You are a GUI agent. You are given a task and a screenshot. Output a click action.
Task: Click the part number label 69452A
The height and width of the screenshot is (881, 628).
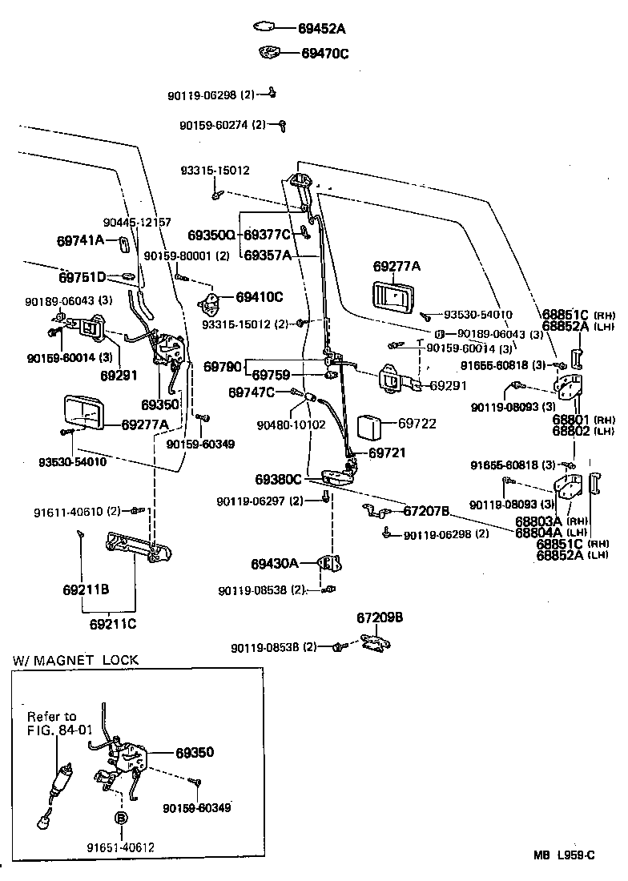click(x=321, y=29)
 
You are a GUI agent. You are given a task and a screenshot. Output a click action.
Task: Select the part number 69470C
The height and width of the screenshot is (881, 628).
click(x=324, y=54)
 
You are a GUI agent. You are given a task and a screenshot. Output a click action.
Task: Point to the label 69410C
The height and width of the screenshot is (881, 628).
click(x=260, y=297)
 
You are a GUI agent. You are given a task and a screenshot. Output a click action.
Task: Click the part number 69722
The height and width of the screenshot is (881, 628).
click(x=417, y=424)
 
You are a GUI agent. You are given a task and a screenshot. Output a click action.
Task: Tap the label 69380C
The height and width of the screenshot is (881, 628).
click(x=279, y=480)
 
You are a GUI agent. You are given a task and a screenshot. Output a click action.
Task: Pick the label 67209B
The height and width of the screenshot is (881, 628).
click(x=379, y=618)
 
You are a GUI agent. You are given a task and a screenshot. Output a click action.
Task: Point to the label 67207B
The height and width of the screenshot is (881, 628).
click(x=426, y=511)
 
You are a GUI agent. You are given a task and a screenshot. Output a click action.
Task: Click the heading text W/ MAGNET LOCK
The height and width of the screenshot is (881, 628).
click(x=75, y=661)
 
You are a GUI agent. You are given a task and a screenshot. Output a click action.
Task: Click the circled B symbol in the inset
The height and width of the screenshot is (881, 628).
click(x=121, y=818)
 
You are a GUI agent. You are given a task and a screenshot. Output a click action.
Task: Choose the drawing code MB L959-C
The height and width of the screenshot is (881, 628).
click(x=565, y=855)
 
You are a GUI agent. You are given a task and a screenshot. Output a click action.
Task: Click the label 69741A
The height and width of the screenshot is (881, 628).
click(x=80, y=240)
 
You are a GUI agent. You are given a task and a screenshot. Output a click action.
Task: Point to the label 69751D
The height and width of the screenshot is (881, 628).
click(x=83, y=278)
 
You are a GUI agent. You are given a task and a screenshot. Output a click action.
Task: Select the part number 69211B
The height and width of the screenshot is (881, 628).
click(x=86, y=591)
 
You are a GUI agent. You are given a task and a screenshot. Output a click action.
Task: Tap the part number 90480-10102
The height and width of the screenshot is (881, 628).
click(x=292, y=424)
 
